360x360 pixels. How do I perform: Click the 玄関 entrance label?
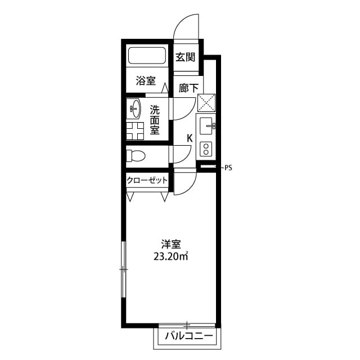tap(185, 57)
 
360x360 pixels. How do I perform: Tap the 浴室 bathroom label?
tap(146, 81)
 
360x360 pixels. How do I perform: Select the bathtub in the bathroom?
tap(147, 56)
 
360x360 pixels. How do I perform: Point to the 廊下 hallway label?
tap(188, 88)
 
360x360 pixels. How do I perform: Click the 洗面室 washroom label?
tap(154, 120)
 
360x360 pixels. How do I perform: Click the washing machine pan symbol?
tap(135, 130)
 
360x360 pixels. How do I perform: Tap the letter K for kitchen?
tap(190, 138)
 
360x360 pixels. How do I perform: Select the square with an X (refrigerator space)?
tap(206, 103)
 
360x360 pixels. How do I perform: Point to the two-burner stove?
tap(205, 148)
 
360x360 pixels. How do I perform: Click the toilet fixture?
tap(136, 155)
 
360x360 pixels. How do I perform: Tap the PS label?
tap(228, 167)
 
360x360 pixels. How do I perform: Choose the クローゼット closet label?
tap(147, 181)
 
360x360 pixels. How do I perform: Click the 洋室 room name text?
tap(170, 244)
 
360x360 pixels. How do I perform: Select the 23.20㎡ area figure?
tap(170, 257)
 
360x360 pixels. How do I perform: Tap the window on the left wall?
tap(123, 269)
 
